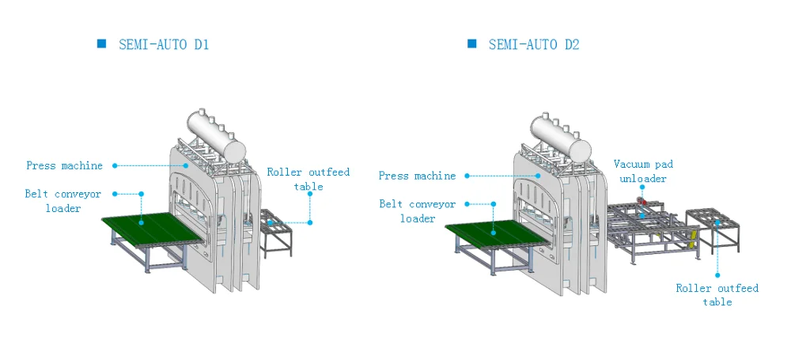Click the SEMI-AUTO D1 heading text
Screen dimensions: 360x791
164,45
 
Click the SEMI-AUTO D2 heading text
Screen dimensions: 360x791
533,45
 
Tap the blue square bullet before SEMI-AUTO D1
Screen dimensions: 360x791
101,44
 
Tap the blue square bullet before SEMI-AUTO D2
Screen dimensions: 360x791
471,44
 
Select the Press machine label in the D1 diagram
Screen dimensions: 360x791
64,166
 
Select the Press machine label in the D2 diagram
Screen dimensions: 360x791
417,176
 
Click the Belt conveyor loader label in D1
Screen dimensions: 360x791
62,201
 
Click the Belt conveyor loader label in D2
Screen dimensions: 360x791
417,211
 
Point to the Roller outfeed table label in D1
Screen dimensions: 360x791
308,179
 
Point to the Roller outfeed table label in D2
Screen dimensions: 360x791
717,295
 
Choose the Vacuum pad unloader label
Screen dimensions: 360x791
643,171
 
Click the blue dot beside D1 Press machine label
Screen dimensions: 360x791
115,165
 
